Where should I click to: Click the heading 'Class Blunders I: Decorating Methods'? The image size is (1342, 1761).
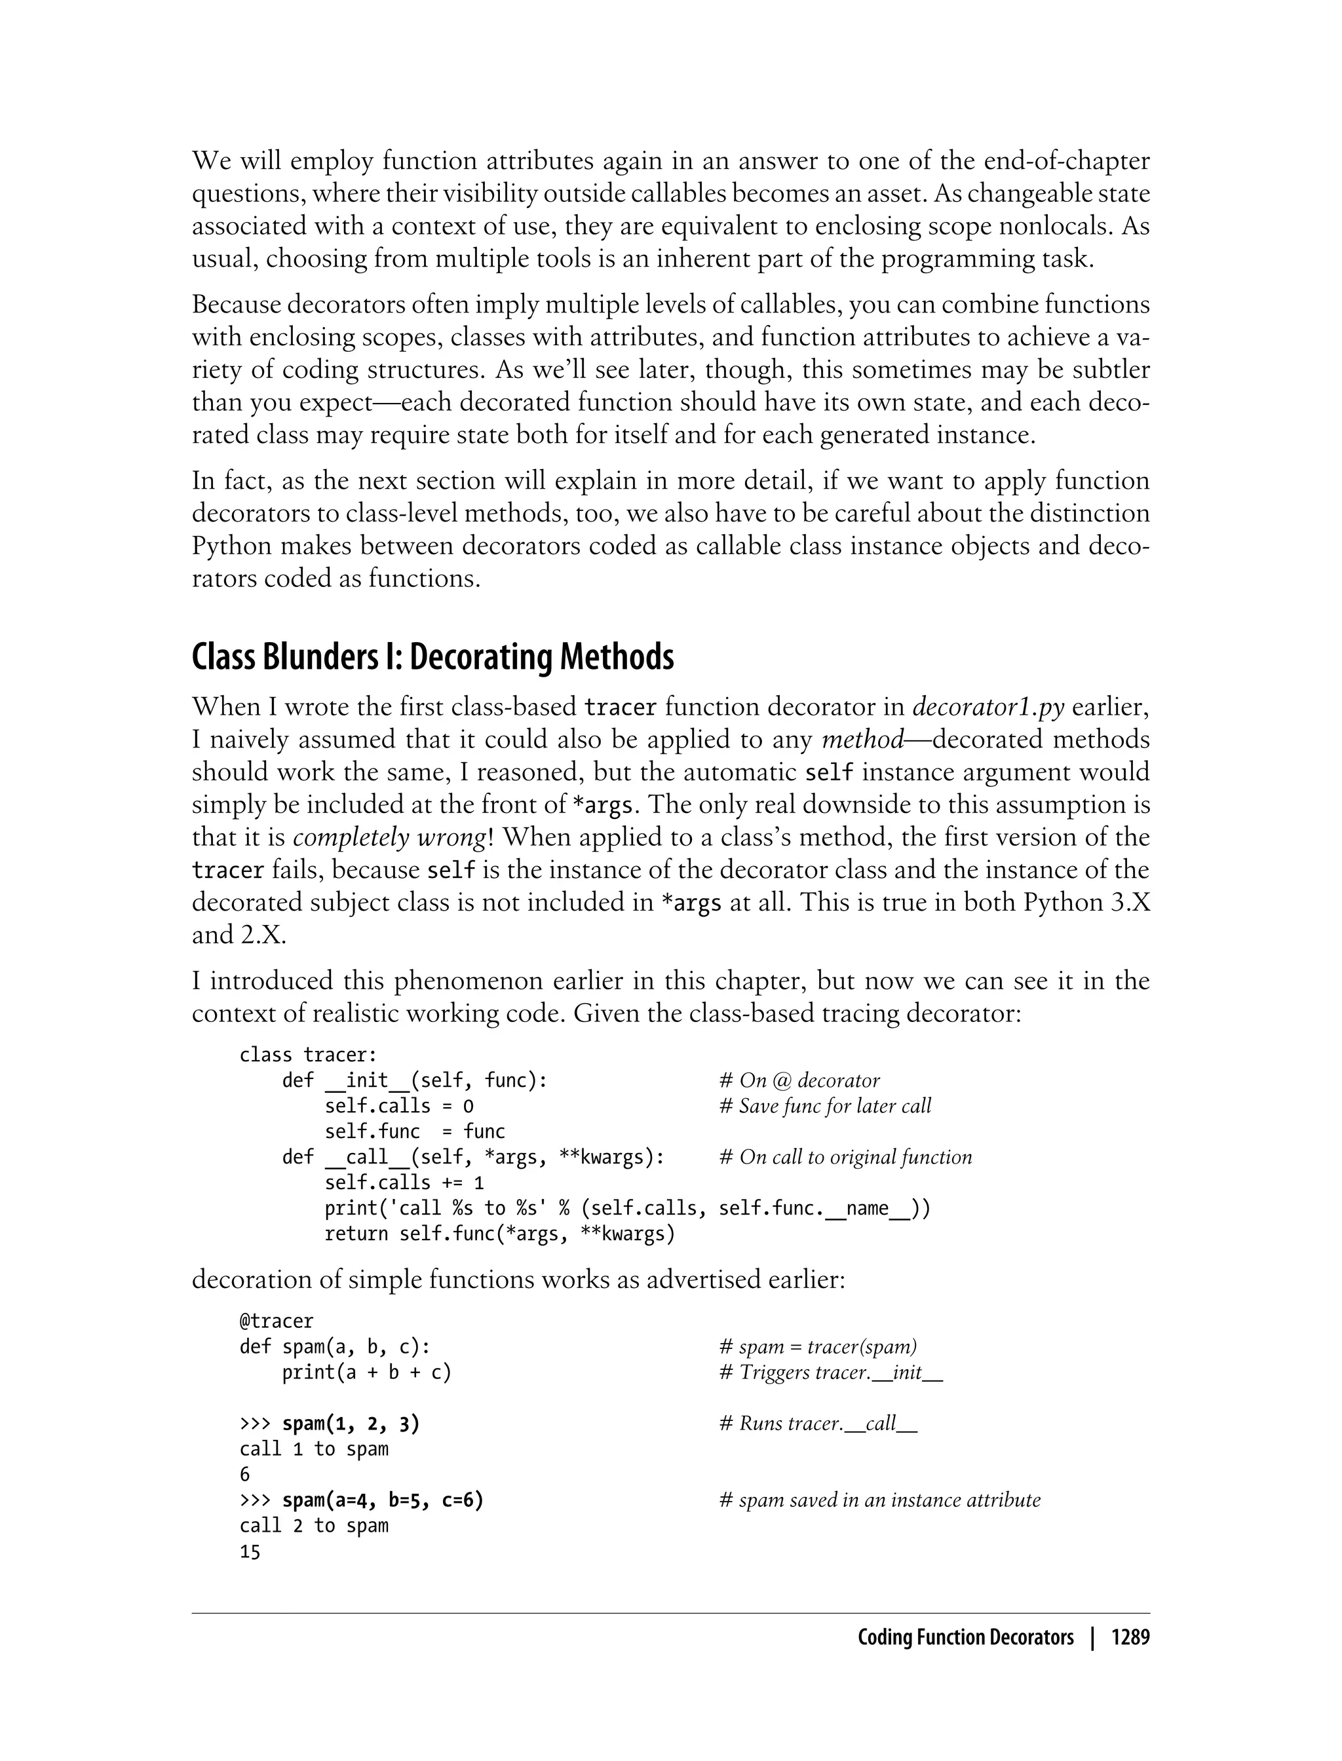tap(432, 657)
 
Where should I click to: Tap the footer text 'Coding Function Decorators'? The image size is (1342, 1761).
tap(965, 1638)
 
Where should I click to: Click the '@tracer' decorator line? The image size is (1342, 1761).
tap(277, 1321)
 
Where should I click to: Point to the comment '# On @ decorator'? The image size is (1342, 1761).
tap(799, 1080)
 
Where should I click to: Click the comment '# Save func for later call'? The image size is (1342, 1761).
tap(825, 1106)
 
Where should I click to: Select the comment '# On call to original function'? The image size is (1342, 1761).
tap(845, 1157)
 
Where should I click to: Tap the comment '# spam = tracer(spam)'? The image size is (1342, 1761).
tap(818, 1346)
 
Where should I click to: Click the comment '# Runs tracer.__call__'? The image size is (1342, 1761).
tap(818, 1423)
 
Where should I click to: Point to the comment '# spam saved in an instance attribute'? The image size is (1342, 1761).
tap(879, 1500)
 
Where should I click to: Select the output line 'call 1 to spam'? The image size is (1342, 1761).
tap(313, 1449)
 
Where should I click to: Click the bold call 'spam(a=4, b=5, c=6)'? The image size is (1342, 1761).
tap(383, 1500)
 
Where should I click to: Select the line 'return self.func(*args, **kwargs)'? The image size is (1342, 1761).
tap(499, 1234)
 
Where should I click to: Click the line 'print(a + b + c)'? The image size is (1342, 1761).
tap(367, 1372)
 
